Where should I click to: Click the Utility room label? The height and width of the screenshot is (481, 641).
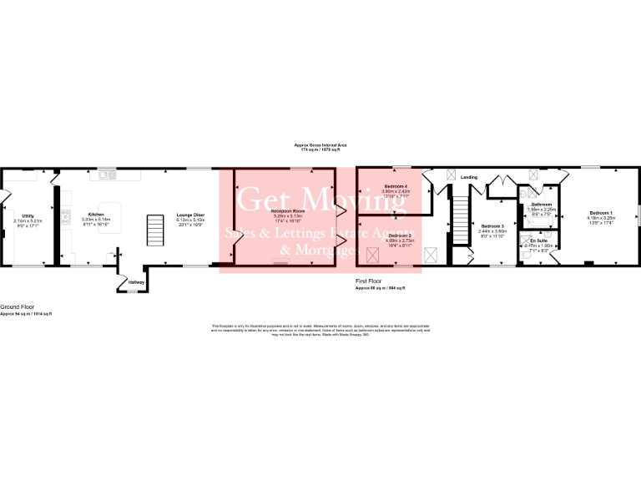point(28,215)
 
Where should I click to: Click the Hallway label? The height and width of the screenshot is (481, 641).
point(137,282)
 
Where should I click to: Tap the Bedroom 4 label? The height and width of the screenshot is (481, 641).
point(396,185)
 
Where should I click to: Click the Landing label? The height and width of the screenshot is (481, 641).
point(469,177)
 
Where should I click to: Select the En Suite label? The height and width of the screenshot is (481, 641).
point(539,240)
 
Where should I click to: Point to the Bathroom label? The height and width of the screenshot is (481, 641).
point(543,204)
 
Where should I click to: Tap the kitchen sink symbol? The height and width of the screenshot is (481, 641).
point(107,175)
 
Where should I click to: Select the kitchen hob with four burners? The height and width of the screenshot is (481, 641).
point(65,223)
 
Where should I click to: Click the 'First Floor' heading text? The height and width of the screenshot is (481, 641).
point(368,281)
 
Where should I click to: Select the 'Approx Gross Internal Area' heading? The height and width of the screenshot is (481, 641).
point(320,145)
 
